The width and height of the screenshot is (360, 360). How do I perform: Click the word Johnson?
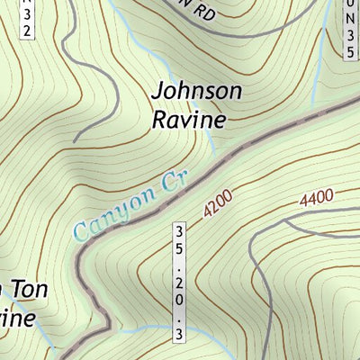[197, 93]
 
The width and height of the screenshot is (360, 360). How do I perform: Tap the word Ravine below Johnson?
[187, 118]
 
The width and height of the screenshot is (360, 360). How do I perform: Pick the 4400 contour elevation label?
[318, 195]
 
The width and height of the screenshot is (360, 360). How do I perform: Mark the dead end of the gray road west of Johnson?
[74, 141]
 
